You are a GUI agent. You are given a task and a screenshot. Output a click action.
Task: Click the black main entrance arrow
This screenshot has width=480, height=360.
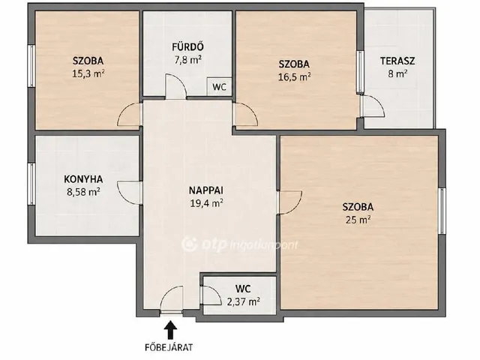pyautogui.click(x=170, y=329)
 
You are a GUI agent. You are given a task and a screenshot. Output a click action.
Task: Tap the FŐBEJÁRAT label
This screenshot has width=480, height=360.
pyautogui.click(x=169, y=347)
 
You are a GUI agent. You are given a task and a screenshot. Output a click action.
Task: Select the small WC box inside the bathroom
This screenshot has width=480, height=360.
pyautogui.click(x=219, y=87)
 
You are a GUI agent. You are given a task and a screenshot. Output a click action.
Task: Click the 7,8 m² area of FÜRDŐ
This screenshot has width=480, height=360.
pyautogui.click(x=188, y=59)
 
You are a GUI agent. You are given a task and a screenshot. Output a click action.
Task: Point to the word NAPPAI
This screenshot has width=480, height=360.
pyautogui.click(x=206, y=190)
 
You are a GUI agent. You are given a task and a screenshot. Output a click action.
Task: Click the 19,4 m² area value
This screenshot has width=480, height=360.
pyautogui.click(x=206, y=203)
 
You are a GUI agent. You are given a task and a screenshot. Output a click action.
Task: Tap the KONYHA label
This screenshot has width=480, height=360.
pyautogui.click(x=83, y=179)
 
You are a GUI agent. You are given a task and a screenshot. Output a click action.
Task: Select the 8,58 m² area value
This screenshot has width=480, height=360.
pyautogui.click(x=83, y=192)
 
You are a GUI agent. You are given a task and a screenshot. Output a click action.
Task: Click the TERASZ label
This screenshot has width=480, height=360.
pyautogui.click(x=397, y=61)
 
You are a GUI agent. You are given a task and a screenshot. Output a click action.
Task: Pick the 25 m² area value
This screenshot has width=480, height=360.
pyautogui.click(x=358, y=220)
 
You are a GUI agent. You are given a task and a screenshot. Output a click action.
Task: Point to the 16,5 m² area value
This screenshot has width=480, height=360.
pyautogui.click(x=294, y=76)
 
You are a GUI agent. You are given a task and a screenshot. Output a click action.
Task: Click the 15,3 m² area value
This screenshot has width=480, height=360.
pyautogui.click(x=88, y=73)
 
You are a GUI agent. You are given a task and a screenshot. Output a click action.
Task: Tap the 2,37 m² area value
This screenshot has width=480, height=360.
pyautogui.click(x=243, y=301)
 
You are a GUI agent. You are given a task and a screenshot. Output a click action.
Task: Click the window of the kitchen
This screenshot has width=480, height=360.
pyautogui.click(x=31, y=184)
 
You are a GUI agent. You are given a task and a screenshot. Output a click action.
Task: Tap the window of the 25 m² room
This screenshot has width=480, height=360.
pyautogui.click(x=442, y=211)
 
